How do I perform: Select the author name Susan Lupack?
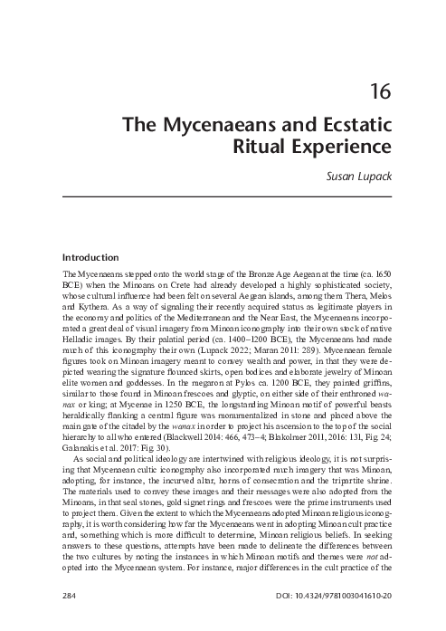click(x=356, y=174)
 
